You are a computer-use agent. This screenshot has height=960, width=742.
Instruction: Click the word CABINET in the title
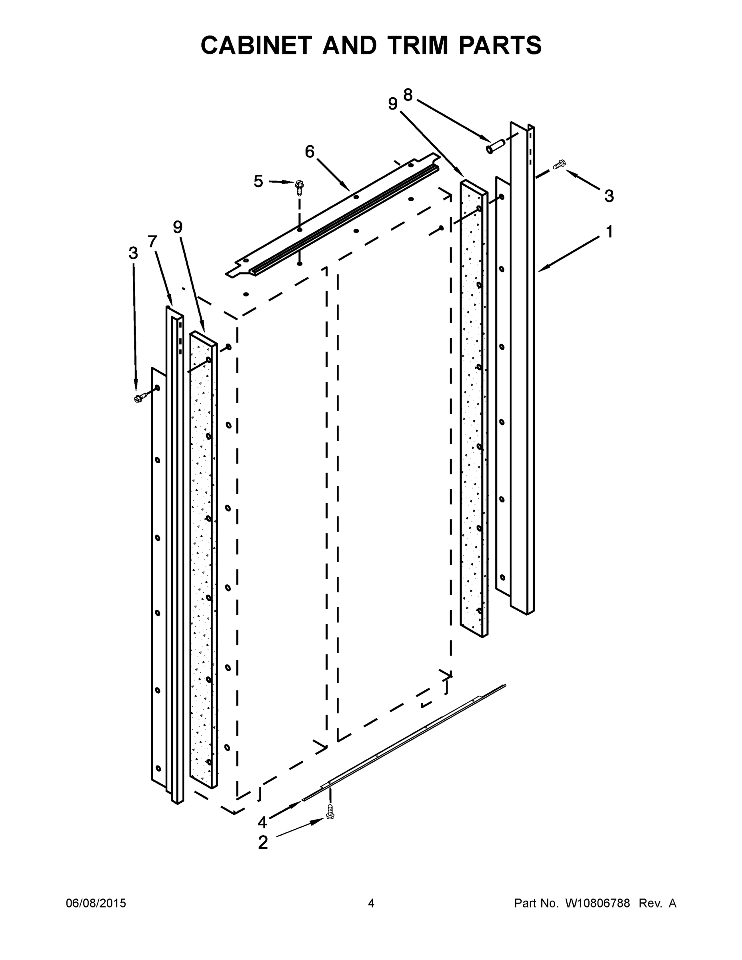256,45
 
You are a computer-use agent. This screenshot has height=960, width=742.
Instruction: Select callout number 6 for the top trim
310,152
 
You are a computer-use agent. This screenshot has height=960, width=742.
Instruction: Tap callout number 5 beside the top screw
258,181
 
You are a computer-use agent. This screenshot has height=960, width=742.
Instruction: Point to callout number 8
408,94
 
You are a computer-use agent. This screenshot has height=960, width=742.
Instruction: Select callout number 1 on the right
609,231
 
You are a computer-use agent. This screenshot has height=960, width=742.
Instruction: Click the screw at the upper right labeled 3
559,165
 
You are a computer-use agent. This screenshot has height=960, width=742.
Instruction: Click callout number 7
152,241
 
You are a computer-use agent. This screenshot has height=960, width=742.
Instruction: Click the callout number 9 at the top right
392,104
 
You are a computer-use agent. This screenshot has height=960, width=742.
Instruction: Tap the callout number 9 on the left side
178,227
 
